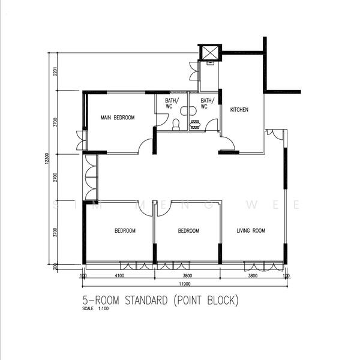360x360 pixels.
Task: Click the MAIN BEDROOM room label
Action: click(x=118, y=118)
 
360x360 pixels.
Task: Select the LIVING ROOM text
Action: click(x=250, y=230)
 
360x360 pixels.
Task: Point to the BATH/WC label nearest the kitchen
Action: click(x=207, y=104)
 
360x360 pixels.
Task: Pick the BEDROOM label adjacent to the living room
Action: click(x=188, y=230)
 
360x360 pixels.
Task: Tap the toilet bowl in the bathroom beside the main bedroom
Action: click(x=176, y=124)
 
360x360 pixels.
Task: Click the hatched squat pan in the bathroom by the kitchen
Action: click(x=196, y=125)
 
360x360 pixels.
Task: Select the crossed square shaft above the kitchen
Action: click(x=210, y=53)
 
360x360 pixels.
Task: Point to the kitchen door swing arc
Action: click(x=227, y=143)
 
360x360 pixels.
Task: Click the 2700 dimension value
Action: click(x=54, y=178)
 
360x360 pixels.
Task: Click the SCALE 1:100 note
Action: click(x=97, y=310)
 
